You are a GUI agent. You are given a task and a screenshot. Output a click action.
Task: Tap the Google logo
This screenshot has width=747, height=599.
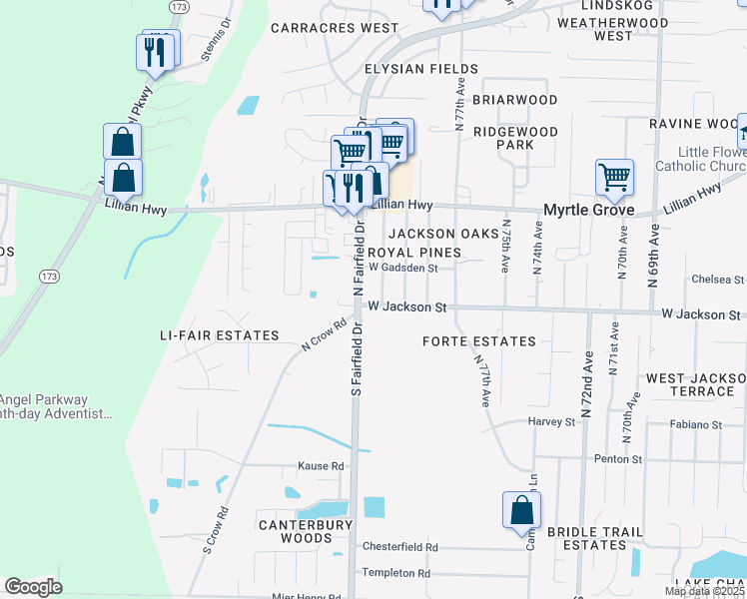point(33,587)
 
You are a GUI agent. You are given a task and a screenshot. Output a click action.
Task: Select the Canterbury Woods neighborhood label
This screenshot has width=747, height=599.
point(306,531)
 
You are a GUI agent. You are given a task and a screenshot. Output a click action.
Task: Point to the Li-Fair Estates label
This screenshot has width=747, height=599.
point(220,335)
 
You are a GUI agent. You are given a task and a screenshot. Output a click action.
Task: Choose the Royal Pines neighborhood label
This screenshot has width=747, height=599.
point(415,253)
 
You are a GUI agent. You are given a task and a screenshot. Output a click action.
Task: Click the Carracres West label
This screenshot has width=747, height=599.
point(335,28)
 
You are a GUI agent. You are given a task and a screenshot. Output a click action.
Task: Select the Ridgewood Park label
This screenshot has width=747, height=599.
point(516,138)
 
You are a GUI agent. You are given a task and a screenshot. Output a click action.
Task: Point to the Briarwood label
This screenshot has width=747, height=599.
point(514,100)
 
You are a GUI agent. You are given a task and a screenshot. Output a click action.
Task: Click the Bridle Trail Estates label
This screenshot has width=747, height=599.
point(588,538)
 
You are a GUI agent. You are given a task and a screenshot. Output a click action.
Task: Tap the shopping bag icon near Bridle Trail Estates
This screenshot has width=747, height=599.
point(521,510)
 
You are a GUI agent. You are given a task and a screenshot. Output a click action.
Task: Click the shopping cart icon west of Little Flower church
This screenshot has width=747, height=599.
point(614,178)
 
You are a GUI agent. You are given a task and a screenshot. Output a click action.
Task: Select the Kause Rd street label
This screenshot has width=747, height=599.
point(321,466)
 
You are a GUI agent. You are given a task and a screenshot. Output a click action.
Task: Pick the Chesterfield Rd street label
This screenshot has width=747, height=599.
point(400,547)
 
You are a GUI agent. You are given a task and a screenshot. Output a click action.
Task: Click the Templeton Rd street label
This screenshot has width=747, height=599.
point(395,573)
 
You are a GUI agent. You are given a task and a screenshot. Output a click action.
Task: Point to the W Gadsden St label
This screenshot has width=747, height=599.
point(403,268)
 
